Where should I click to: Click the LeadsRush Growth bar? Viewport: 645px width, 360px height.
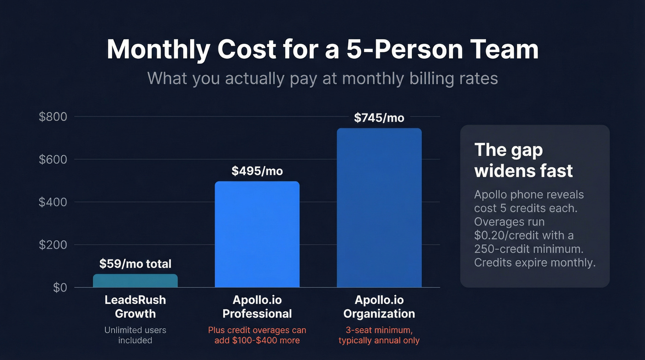coord(135,281)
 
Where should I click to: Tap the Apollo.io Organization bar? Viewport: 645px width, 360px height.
coord(379,207)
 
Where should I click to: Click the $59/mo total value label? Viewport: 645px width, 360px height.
coord(135,264)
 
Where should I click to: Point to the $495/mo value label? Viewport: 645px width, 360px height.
coord(257,171)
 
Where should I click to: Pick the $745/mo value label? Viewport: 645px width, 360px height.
coord(379,118)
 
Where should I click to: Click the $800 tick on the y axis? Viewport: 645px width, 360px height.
coord(53,117)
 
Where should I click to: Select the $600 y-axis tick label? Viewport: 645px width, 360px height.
coord(53,159)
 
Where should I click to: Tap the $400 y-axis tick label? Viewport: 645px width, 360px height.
coord(53,202)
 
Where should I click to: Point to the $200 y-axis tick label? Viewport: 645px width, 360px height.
coord(53,245)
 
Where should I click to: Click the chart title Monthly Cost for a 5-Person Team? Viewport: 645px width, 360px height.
coord(322,49)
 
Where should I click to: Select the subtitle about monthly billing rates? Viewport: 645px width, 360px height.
coord(322,78)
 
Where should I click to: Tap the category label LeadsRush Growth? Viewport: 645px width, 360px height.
coord(135,307)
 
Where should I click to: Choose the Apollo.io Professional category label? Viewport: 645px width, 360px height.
coord(257,307)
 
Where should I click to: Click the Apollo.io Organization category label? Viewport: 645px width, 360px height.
coord(379,307)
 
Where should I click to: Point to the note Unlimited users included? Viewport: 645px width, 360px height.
coord(135,335)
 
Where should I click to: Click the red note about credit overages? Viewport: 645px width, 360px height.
coord(257,335)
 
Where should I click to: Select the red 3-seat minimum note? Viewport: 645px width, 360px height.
coord(379,335)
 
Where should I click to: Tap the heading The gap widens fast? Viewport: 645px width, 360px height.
coord(523,160)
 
